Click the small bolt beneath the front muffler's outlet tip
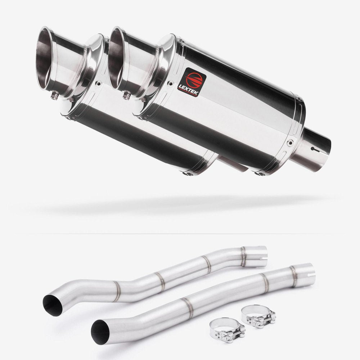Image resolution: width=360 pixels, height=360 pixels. (126, 95)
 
